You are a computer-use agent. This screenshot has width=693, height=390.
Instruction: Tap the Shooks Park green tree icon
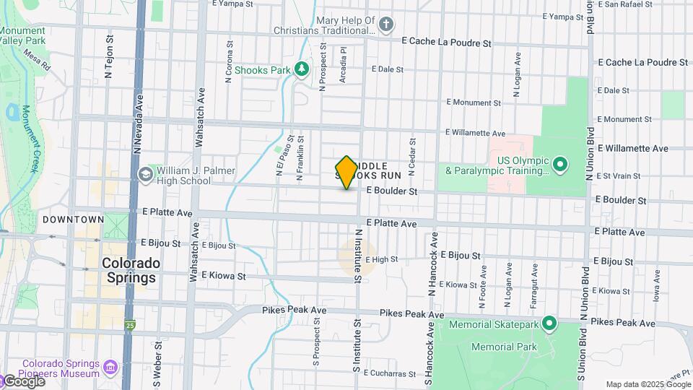[x=302, y=69]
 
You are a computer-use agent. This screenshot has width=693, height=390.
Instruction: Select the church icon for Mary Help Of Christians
[x=386, y=25]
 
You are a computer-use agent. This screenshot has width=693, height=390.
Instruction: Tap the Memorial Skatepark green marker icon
[x=549, y=324]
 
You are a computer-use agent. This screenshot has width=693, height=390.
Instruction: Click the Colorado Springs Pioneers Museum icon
[x=110, y=368]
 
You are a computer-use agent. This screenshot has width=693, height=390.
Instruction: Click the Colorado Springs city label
[x=128, y=270]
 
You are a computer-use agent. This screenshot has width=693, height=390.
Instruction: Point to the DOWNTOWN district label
[x=73, y=220]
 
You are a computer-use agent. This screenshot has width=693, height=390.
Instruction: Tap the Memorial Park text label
[x=504, y=347]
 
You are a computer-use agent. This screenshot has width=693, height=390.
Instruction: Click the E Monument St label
[x=474, y=103]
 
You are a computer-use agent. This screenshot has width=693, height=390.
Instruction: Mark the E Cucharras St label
[x=391, y=373]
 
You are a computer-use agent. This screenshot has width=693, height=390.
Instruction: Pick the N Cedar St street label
[x=412, y=157]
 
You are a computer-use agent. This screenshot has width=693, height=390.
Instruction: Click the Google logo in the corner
[x=23, y=381]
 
